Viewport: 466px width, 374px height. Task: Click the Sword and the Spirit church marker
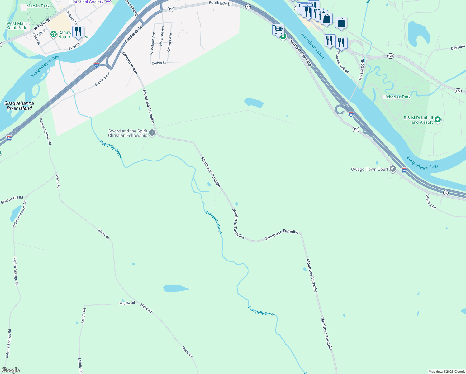[152, 133]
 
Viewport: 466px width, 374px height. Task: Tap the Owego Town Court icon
[392, 169]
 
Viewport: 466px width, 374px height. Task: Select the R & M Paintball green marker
[438, 120]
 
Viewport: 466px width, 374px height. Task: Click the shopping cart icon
[278, 30]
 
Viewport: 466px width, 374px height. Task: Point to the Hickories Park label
[396, 97]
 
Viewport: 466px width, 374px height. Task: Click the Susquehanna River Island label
[19, 106]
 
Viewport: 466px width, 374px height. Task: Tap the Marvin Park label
[38, 6]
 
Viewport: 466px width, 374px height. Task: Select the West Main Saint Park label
[17, 26]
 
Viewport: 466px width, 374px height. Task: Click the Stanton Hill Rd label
[12, 200]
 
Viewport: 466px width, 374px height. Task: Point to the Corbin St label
[159, 63]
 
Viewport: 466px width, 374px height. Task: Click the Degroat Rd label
[431, 202]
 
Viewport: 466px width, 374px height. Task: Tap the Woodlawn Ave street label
[152, 43]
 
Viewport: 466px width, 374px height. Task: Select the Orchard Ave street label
[169, 43]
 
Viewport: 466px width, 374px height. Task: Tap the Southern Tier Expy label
[300, 52]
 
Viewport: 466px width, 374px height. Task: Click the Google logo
[11, 370]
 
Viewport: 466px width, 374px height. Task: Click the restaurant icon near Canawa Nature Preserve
[78, 32]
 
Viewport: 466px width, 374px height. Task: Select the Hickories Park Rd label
[342, 62]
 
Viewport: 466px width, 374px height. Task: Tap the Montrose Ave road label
[130, 63]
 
